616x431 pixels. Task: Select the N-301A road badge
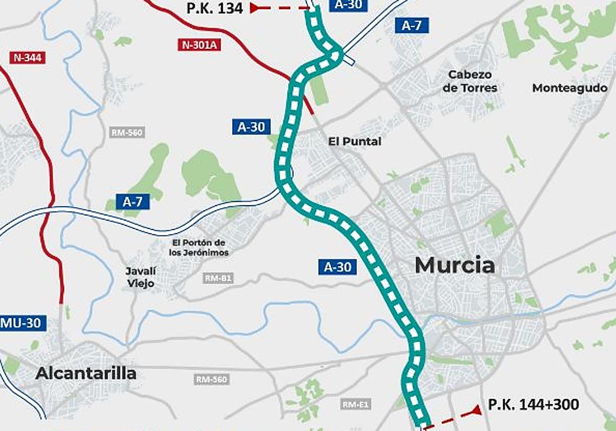coord(200,45)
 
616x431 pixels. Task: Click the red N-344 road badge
coord(28,57)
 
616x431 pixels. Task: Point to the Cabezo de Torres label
coord(470,81)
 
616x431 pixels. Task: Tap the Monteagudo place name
coord(569,88)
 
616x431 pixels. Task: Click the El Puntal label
coord(355,141)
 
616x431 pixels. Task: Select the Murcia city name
coord(455,265)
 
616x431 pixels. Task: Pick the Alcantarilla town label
coord(86,374)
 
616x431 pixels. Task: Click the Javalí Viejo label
coord(140,277)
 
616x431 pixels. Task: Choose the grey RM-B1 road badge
coord(218,279)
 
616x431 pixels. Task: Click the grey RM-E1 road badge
coord(356,404)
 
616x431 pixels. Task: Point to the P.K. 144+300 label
coord(534,405)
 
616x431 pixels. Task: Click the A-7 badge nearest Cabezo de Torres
coord(412,26)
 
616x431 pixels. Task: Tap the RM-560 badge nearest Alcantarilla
coord(211,380)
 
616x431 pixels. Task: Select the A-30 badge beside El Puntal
coord(251,127)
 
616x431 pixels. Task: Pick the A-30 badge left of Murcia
coord(337,266)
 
